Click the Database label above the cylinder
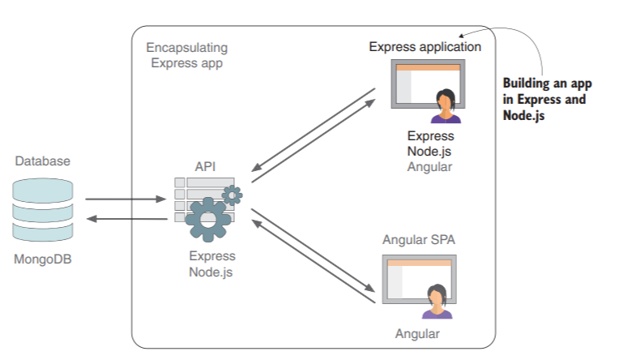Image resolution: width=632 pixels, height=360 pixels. pos(43,161)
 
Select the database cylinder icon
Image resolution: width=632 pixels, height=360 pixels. pos(43,210)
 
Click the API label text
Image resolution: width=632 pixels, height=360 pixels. pos(205,166)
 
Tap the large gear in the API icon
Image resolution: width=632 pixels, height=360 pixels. pos(208,219)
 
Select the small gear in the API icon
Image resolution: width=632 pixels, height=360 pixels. pos(233,195)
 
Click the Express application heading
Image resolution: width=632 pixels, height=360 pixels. pos(425,47)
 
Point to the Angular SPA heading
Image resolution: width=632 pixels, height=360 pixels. pos(417,240)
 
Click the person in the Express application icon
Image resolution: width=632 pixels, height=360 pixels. pos(445,106)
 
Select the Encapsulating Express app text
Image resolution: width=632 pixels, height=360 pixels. pos(189,55)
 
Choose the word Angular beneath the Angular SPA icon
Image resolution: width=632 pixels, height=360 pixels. pos(417,334)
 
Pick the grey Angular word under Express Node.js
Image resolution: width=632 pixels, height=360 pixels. pos(429,166)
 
